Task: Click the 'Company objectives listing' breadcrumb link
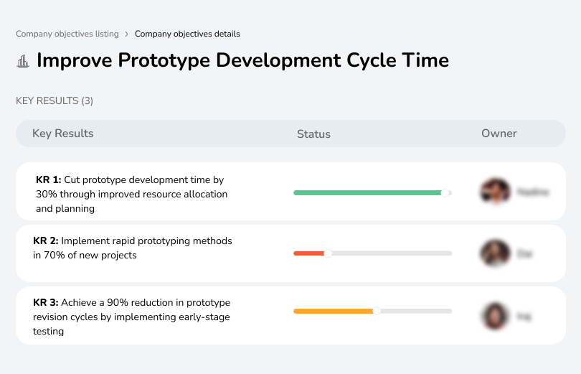(x=67, y=34)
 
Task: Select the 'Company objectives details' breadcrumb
(x=187, y=34)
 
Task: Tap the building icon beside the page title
(x=23, y=61)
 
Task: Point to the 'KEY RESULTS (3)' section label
(x=55, y=101)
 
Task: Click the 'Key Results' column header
(x=62, y=134)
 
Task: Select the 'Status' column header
(x=313, y=134)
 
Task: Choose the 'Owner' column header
(x=499, y=134)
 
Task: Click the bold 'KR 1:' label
(x=48, y=180)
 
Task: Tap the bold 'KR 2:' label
(x=46, y=241)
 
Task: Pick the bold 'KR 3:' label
(x=46, y=303)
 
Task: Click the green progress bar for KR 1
(x=367, y=192)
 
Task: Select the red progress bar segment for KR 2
(x=308, y=253)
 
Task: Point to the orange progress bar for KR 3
(x=334, y=311)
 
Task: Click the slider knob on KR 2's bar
(x=329, y=253)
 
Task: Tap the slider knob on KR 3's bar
(x=377, y=311)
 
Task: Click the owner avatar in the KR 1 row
(x=495, y=192)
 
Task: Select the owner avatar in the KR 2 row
(x=495, y=253)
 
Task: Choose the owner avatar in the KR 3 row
(x=495, y=315)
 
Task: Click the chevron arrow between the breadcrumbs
(x=126, y=34)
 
